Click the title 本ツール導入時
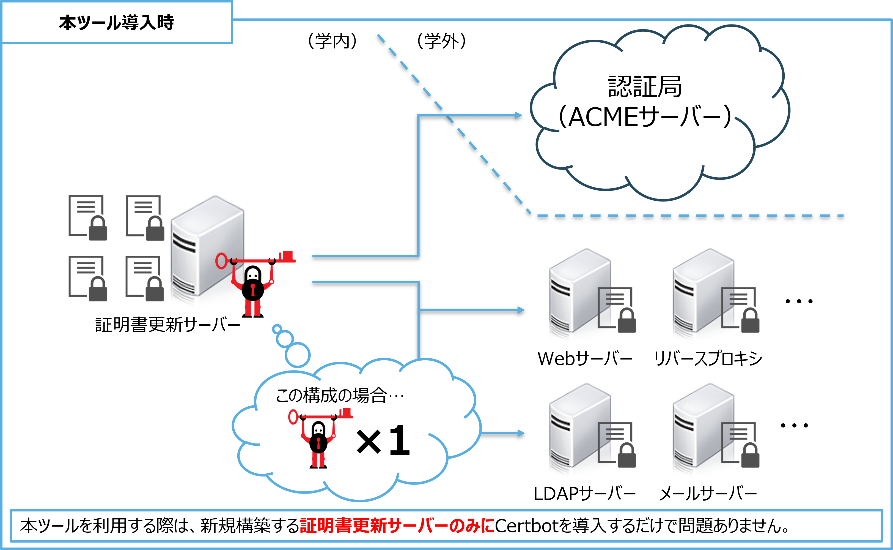pos(116,23)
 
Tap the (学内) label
pos(333,41)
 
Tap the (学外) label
pos(441,41)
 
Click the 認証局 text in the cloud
pos(645,86)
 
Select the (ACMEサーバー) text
pos(645,117)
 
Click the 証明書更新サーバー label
pos(167,325)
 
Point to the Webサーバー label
pos(585,359)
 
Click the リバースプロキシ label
pos(708,359)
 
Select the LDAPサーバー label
pos(584,494)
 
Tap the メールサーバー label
pos(708,494)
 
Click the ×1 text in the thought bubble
pos(383,441)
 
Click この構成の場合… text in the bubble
pos(340,395)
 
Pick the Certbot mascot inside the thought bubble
pos(319,438)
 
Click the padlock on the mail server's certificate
pos(750,455)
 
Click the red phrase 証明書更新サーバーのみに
pos(397,526)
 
